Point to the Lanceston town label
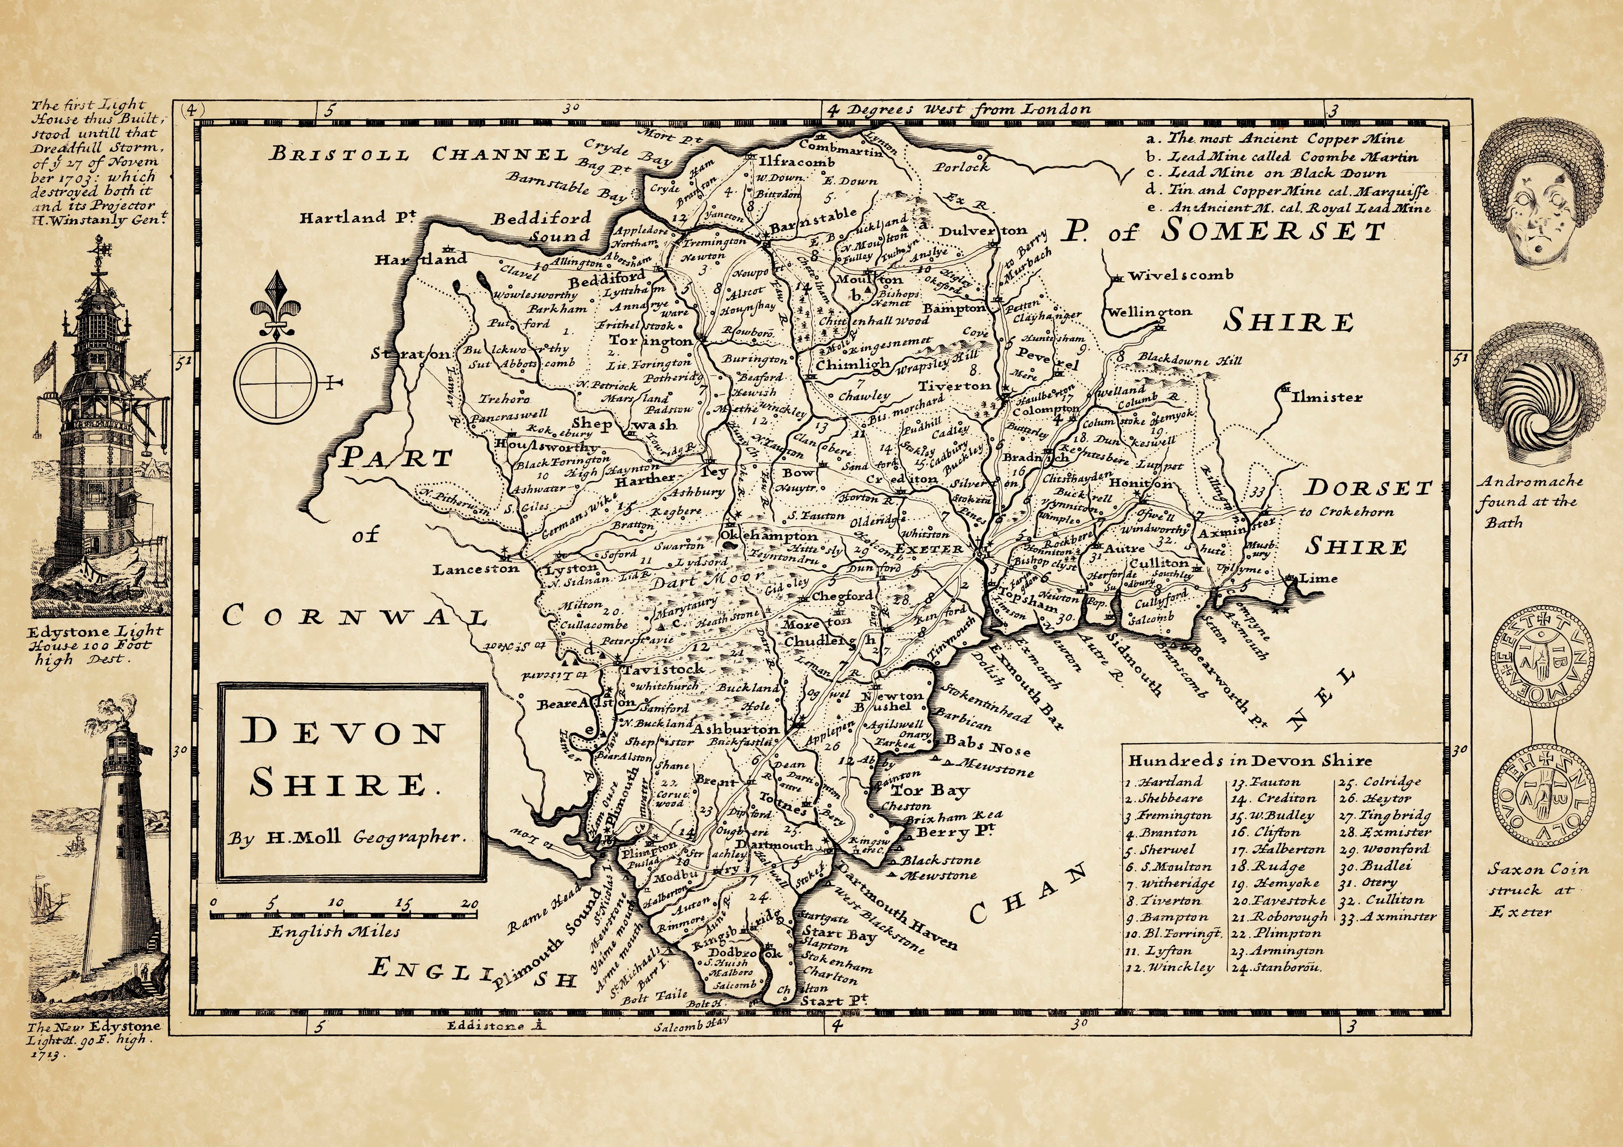click(476, 568)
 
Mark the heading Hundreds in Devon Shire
click(1249, 761)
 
